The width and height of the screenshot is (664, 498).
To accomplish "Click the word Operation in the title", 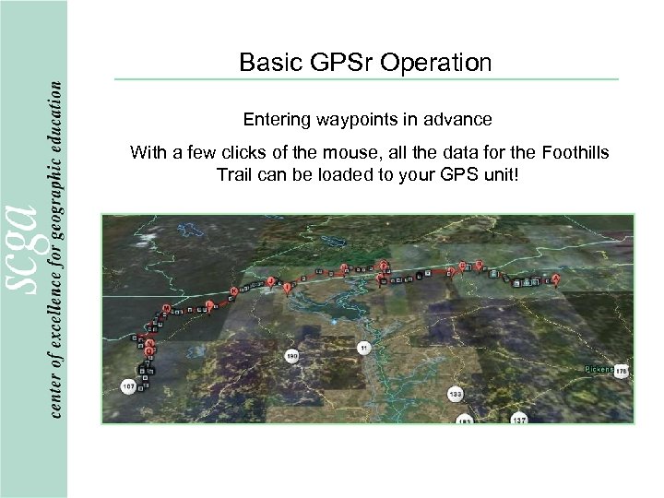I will coord(442,63).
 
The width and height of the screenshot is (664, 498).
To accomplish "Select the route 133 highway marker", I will coord(455,394).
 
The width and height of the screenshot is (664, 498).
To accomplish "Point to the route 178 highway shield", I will coord(622,370).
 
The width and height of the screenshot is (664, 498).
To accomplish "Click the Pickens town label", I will coord(599,369).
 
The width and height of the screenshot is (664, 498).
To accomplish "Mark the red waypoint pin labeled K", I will coord(233,290).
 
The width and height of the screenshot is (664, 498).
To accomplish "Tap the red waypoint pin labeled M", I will coord(166,308).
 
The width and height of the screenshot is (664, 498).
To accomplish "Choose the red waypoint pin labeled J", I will coord(270,280).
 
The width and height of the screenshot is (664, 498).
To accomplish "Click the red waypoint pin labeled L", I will coord(210,303).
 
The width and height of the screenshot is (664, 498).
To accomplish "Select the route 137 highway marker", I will coord(520,419).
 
